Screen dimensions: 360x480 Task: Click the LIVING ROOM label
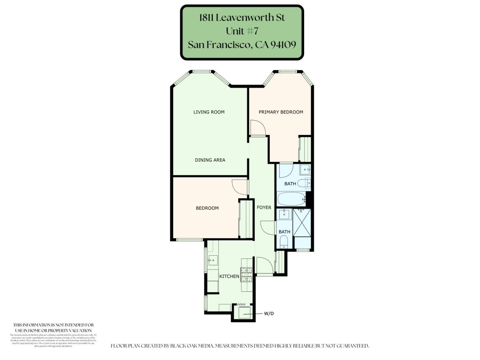tap(209, 112)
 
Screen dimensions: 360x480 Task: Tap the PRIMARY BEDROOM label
tap(281, 112)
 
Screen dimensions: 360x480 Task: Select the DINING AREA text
tap(210, 160)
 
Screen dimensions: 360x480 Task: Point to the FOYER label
tap(264, 207)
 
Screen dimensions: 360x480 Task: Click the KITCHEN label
tap(229, 276)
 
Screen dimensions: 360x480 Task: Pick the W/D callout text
tap(269, 314)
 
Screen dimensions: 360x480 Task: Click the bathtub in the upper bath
tap(291, 199)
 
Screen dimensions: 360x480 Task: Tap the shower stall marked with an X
tap(302, 223)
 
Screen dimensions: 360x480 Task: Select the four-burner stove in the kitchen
tap(246, 275)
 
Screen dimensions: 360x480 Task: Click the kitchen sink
tap(212, 260)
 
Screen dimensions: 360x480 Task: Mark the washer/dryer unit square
tap(244, 313)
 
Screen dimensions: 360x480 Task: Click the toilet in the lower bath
tap(284, 242)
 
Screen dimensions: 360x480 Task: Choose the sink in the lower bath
tap(284, 214)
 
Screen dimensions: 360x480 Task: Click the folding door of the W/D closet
tap(241, 304)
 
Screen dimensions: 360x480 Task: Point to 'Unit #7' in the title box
tap(242, 31)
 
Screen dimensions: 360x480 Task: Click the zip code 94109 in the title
tap(283, 44)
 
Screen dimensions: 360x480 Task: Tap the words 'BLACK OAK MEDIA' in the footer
tap(192, 346)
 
